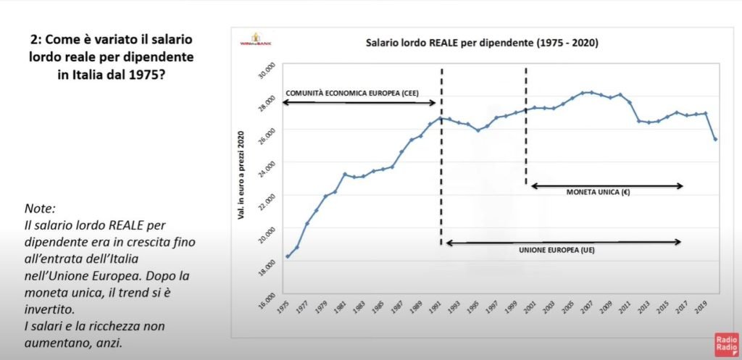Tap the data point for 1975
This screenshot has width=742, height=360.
click(x=288, y=256)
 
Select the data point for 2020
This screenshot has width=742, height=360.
click(x=715, y=139)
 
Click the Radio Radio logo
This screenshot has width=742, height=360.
click(x=725, y=343)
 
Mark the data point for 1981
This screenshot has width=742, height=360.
click(x=345, y=174)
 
